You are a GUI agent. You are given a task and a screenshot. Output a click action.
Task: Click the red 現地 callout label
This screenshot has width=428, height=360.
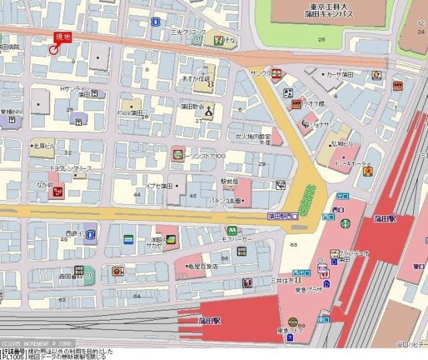[x=62, y=37]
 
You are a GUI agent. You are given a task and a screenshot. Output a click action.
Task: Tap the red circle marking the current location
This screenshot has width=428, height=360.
[x=54, y=49]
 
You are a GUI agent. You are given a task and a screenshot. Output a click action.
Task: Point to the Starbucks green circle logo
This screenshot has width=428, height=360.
[x=345, y=223]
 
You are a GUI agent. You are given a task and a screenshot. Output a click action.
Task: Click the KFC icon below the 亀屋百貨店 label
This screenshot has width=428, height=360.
[x=248, y=282]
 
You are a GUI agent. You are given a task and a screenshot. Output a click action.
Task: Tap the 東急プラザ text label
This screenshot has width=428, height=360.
[x=290, y=291]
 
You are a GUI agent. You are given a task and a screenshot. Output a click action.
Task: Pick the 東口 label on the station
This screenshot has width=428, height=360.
[x=419, y=266]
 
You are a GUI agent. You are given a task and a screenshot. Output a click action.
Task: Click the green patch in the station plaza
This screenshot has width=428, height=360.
[x=308, y=198]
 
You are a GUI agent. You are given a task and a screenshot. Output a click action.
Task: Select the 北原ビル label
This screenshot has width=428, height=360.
[x=45, y=144]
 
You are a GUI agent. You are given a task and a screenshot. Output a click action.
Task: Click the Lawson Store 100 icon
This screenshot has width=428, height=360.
[x=177, y=155]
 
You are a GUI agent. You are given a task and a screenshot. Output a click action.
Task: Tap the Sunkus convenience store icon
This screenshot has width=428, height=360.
[x=276, y=74]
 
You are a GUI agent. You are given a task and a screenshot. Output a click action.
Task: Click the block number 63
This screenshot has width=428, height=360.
[x=62, y=300]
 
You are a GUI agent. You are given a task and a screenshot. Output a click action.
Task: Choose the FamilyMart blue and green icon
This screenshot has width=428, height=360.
[x=128, y=238]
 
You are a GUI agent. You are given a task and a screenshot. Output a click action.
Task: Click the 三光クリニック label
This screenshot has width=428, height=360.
[x=187, y=31]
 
